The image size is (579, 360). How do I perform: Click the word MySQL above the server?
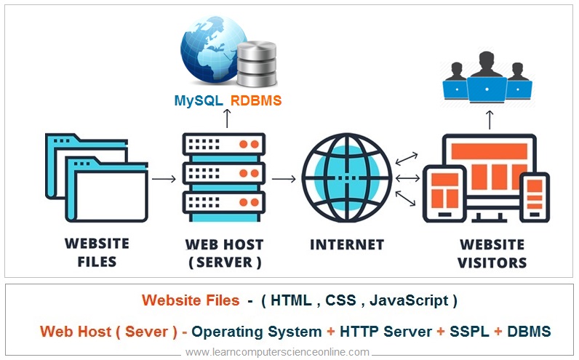pyautogui.click(x=198, y=101)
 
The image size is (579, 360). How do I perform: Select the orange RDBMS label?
pyautogui.click(x=256, y=101)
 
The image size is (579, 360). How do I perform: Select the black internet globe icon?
pyautogui.click(x=346, y=178)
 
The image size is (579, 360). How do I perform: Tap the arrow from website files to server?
pyautogui.click(x=164, y=179)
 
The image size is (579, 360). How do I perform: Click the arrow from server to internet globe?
pyautogui.click(x=283, y=179)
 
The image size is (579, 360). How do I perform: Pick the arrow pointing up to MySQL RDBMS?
pyautogui.click(x=228, y=119)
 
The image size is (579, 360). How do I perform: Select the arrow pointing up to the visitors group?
pyautogui.click(x=490, y=117)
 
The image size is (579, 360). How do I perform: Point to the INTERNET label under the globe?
pyautogui.click(x=346, y=244)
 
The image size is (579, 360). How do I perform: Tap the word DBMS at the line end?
pyautogui.click(x=529, y=332)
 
